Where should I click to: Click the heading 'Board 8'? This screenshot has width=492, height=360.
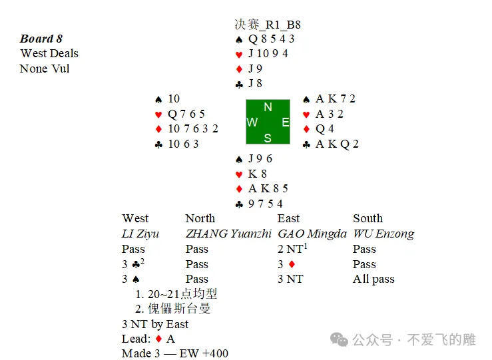point(41,39)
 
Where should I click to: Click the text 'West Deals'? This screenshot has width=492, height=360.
point(49,53)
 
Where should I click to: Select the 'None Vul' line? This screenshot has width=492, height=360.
point(45,69)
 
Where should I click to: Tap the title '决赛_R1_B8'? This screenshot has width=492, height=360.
point(268,25)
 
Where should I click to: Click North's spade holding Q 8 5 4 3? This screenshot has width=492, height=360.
point(271,39)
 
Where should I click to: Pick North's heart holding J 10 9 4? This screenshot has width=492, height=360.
point(268,54)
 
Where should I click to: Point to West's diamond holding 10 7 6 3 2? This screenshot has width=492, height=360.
point(193,128)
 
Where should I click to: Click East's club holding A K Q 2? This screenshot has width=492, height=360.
point(337,144)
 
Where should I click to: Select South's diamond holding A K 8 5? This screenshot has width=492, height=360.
point(268,188)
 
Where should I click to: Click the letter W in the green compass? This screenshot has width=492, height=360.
point(252,122)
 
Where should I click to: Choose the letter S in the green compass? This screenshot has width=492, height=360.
point(268,138)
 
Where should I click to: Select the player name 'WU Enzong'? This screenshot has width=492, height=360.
point(383,234)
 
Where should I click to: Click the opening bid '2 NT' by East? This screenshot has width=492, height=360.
point(292,249)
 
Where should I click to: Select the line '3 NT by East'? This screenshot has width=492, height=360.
point(155,324)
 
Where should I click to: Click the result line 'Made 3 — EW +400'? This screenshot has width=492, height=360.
point(175,353)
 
